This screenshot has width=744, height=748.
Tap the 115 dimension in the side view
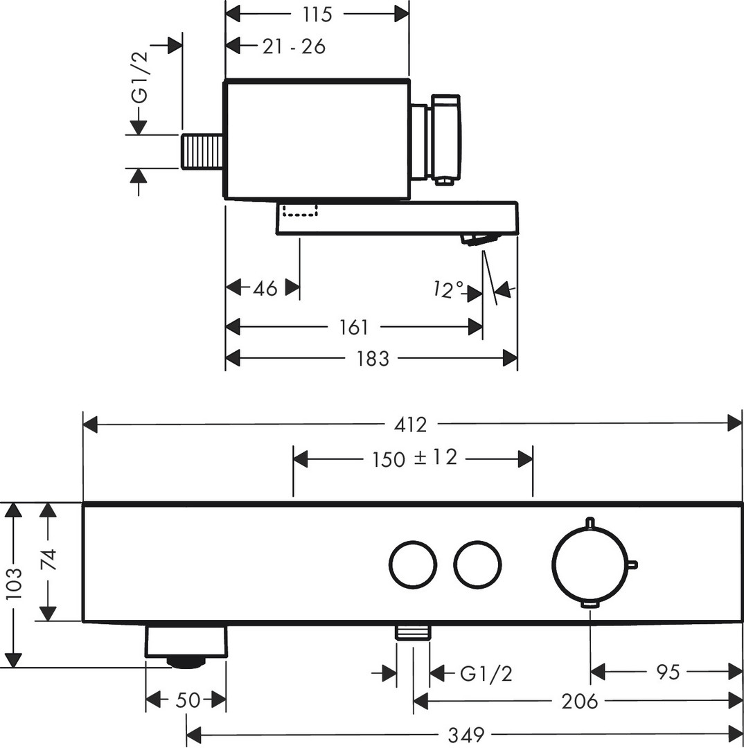coord(317,13)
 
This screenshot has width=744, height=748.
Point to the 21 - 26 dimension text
coord(294,46)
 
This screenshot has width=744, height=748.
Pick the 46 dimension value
coord(264,287)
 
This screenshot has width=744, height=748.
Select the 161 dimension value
coord(354,326)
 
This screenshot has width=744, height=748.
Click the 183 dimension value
coord(373,358)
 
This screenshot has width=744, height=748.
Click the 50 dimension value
coord(187,700)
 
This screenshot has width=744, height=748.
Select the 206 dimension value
coord(580,702)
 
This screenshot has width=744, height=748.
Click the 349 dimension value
coord(465,733)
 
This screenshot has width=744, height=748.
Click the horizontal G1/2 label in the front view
coord(486,673)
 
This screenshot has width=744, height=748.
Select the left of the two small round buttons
coord(413,564)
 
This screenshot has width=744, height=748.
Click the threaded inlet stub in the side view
coord(202,151)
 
